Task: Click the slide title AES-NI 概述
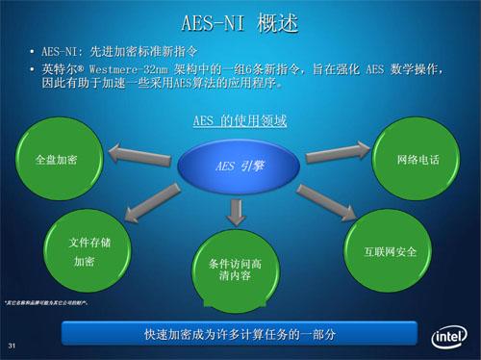pos(240,20)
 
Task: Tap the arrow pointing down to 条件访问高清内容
pos(237,209)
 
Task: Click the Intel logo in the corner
pos(448,337)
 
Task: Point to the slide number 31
pos(13,346)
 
